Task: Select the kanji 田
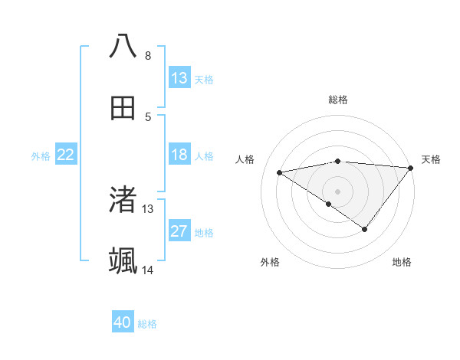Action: click(x=123, y=108)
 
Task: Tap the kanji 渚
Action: click(x=123, y=199)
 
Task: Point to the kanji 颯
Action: click(x=123, y=261)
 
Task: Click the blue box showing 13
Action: click(x=179, y=78)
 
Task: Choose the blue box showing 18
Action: click(x=179, y=155)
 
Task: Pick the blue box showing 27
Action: click(x=179, y=232)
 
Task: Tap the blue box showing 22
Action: click(x=66, y=155)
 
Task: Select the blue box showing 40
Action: click(x=123, y=322)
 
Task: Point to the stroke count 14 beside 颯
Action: click(x=148, y=270)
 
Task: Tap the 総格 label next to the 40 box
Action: click(x=148, y=324)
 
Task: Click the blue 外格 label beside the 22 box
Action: click(x=41, y=156)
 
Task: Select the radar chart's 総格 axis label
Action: click(x=338, y=100)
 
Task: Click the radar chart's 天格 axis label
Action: click(x=431, y=159)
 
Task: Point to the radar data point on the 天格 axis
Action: click(x=412, y=168)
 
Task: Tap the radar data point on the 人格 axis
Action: click(x=280, y=172)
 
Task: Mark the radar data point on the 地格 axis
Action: click(x=365, y=229)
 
